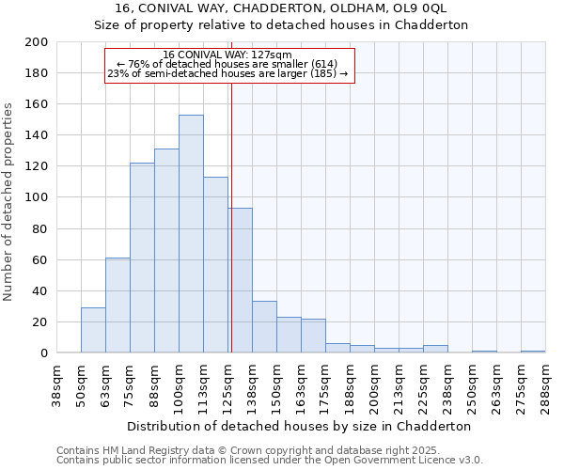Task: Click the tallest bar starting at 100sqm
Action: pyautogui.click(x=191, y=234)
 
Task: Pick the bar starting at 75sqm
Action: pyautogui.click(x=142, y=258)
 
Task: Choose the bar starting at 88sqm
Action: pyautogui.click(x=166, y=251)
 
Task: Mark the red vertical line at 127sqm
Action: pyautogui.click(x=230, y=216)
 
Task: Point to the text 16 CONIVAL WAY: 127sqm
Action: pyautogui.click(x=227, y=55)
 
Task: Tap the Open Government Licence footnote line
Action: pyautogui.click(x=270, y=460)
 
